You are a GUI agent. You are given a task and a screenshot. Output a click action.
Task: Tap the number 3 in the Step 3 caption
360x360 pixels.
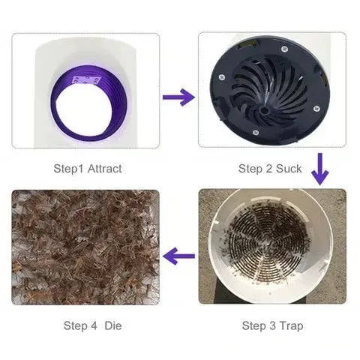[268, 325]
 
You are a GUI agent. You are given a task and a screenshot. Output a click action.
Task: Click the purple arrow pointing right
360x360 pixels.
[178, 97]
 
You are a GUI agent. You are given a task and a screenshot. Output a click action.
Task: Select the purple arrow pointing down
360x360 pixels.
[320, 168]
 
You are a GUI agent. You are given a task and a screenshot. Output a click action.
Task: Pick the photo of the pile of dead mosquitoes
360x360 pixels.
[85, 247]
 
